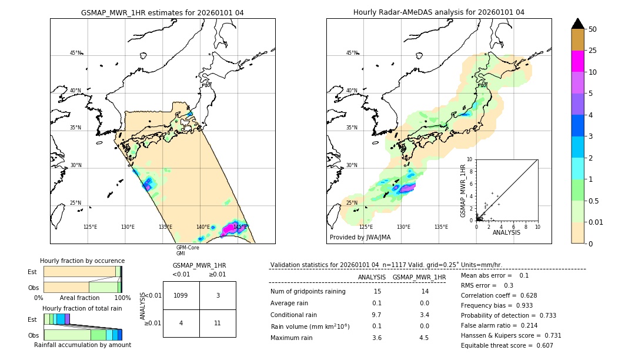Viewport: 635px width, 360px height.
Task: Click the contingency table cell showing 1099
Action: [181, 295]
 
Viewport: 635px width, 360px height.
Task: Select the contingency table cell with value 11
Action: [218, 323]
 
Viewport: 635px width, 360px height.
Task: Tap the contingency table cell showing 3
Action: [218, 295]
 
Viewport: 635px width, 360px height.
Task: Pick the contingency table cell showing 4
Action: [181, 323]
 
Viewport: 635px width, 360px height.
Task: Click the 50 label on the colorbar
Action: [593, 29]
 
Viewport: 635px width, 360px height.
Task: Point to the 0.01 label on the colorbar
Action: [597, 222]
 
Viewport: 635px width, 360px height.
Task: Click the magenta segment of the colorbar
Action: [577, 61]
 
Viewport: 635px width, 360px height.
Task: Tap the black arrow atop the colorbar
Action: [577, 24]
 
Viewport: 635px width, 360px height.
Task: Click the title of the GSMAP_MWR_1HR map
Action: [162, 12]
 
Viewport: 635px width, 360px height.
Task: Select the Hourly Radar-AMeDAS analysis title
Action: [439, 12]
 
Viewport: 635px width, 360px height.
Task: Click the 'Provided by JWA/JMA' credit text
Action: [360, 237]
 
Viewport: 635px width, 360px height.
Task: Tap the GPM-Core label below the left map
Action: [188, 248]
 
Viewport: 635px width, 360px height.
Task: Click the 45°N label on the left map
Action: [75, 53]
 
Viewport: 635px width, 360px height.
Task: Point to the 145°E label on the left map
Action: [240, 227]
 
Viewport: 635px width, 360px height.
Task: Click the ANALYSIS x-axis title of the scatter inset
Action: [506, 233]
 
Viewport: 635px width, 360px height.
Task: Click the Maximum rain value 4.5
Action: [423, 338]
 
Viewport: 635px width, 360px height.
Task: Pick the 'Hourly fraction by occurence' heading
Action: [82, 261]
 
